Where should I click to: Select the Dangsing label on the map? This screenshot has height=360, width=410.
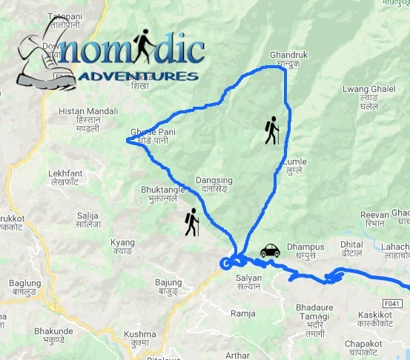click(x=214, y=184)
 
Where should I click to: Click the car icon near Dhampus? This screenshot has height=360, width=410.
click(x=269, y=251)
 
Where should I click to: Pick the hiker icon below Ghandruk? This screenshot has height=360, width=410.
click(x=272, y=130)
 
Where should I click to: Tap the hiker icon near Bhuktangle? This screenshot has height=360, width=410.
click(x=192, y=222)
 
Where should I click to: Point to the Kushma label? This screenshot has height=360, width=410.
click(x=140, y=338)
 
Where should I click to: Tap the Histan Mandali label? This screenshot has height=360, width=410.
click(x=82, y=119)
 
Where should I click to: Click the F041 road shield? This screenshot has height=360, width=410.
click(x=394, y=302)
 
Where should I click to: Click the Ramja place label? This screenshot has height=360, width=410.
click(x=242, y=313)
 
